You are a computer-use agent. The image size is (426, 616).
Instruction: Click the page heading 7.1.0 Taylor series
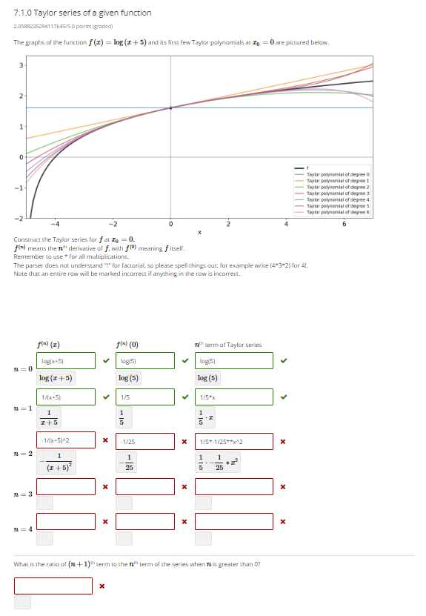(x=82, y=13)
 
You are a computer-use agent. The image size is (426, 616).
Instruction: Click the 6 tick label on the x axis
(x=344, y=225)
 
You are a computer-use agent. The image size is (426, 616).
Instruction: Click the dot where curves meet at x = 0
(x=170, y=108)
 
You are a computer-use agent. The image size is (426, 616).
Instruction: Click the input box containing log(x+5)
(x=67, y=361)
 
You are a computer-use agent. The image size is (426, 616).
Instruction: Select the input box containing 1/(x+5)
(x=67, y=397)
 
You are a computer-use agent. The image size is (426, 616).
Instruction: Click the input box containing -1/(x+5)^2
(x=67, y=441)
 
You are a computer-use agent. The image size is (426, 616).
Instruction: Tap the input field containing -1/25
(x=146, y=441)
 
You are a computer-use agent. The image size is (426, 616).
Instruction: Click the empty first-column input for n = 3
(x=67, y=486)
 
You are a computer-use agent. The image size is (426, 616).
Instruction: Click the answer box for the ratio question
(x=53, y=586)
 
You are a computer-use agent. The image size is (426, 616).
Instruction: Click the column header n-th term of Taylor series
(x=227, y=344)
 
